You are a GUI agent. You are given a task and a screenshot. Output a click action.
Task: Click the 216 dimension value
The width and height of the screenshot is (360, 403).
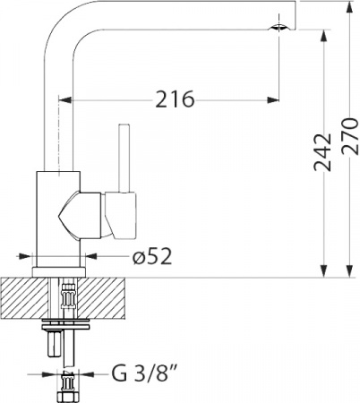point(175,99)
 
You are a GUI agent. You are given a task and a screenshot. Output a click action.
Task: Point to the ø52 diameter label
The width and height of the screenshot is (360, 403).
point(151,258)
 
